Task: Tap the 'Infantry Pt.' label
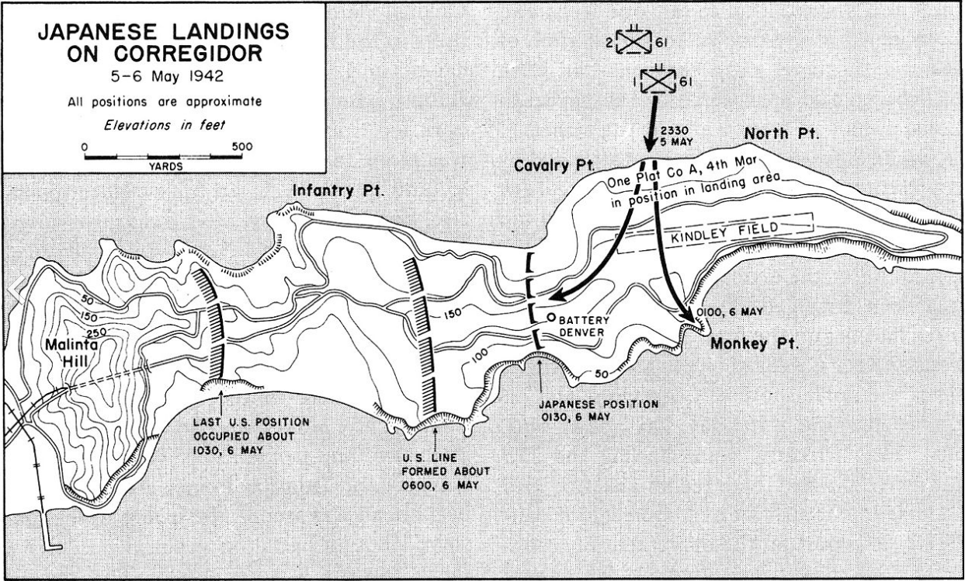pyautogui.click(x=337, y=190)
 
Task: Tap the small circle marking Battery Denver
pyautogui.click(x=550, y=318)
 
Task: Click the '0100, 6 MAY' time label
pyautogui.click(x=730, y=311)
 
